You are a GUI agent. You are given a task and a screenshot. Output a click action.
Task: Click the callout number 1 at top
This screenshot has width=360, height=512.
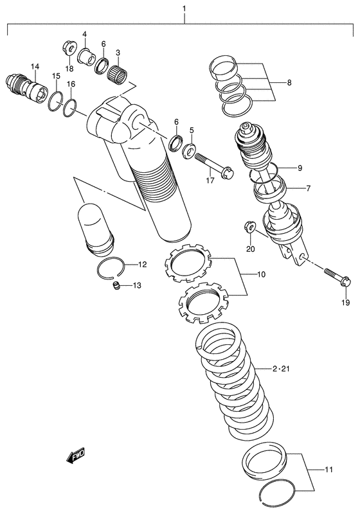click(x=184, y=8)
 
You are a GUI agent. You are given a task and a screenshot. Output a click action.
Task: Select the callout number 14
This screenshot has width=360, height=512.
click(x=33, y=66)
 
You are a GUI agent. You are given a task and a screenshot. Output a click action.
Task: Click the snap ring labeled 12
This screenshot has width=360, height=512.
click(x=117, y=269)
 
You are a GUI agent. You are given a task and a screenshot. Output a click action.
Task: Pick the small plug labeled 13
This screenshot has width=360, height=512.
click(x=117, y=286)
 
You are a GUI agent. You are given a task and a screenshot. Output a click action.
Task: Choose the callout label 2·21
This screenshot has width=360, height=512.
click(x=282, y=369)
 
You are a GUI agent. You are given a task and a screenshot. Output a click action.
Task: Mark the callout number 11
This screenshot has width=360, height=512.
click(x=328, y=471)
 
